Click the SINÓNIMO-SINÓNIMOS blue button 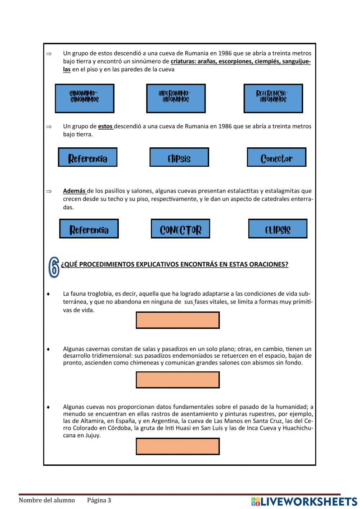(84, 98)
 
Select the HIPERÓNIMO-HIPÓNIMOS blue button (176, 98)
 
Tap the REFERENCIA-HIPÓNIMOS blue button (273, 98)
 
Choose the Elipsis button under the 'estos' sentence (179, 157)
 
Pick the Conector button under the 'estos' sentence (276, 157)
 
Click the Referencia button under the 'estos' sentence (87, 157)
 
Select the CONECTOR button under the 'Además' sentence (180, 229)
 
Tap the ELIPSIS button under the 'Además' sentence (278, 229)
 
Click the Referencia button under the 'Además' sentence (89, 229)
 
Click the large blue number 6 (54, 267)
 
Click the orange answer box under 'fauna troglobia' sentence (177, 320)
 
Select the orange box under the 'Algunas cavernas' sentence (177, 380)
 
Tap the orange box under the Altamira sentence (177, 446)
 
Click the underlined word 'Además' (74, 191)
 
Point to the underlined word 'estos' (105, 126)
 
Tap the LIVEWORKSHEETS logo (304, 501)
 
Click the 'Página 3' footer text (99, 500)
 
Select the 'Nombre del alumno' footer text (47, 500)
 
